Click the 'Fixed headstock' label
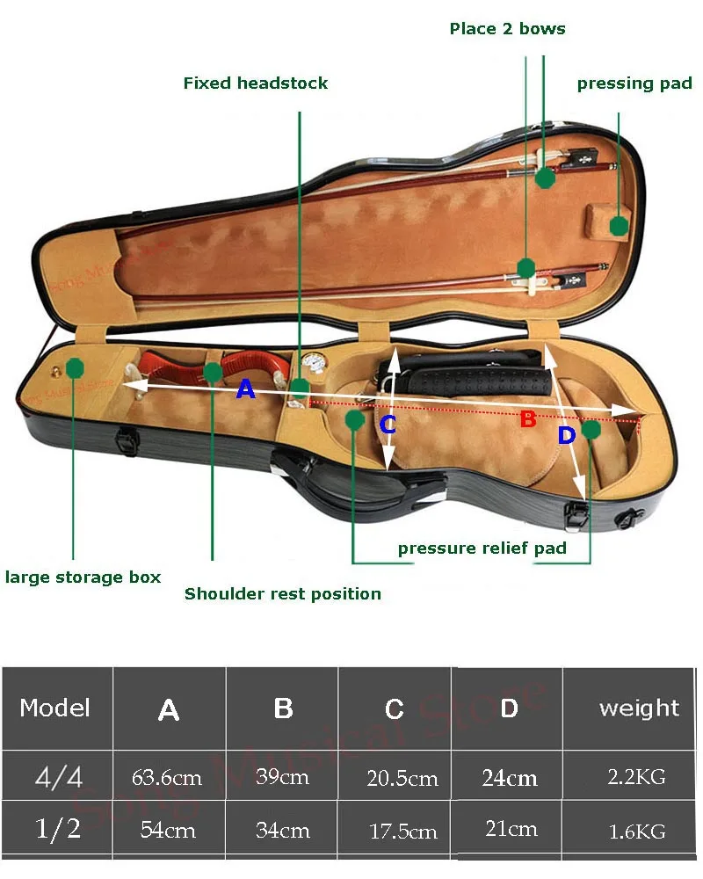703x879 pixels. point(255,84)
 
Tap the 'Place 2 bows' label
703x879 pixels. point(507,29)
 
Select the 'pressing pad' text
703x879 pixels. point(634,84)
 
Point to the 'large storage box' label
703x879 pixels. point(83,578)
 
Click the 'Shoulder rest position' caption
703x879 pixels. point(283,594)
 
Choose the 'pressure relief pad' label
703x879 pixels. point(482,548)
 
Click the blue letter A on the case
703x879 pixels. point(246,389)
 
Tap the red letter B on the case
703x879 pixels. point(527,419)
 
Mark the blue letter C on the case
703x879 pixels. point(388,425)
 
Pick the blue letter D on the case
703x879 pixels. point(566,435)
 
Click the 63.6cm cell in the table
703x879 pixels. point(167,777)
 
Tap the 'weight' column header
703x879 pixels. point(639,708)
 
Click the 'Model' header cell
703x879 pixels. point(54,708)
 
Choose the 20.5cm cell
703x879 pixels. point(402,778)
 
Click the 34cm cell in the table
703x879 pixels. point(283,830)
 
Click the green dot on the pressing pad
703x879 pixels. point(619,225)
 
